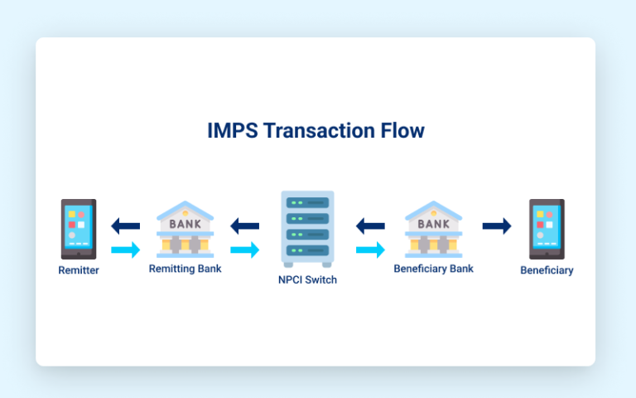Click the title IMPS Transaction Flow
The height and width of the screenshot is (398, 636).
pos(316,131)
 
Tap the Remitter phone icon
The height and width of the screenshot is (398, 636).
pos(79,229)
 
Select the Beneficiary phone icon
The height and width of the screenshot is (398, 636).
pos(547,229)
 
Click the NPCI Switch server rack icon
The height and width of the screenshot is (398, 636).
pos(308,228)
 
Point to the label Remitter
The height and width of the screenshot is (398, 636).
pos(79,270)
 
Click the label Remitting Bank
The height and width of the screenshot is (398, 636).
pos(185,269)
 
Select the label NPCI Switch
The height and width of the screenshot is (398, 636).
pos(307,280)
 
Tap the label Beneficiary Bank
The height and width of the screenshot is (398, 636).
pos(433,269)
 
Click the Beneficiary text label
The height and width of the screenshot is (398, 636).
pos(547,270)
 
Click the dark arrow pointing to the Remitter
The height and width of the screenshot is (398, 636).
pos(125,226)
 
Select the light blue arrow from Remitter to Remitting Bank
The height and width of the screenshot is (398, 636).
pos(125,250)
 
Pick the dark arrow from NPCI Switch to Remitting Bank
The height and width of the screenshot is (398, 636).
pos(245,226)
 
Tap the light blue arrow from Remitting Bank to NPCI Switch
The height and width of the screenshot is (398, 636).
pos(245,250)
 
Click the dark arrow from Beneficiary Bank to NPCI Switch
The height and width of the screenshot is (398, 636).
pos(370,226)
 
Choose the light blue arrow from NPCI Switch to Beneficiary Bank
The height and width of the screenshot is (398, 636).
pos(370,250)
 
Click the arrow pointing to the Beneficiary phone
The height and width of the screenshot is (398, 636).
pos(497,226)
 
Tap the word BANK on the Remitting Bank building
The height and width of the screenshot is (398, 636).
pos(185,224)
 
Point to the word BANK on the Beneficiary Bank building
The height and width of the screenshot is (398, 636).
pos(433,224)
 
